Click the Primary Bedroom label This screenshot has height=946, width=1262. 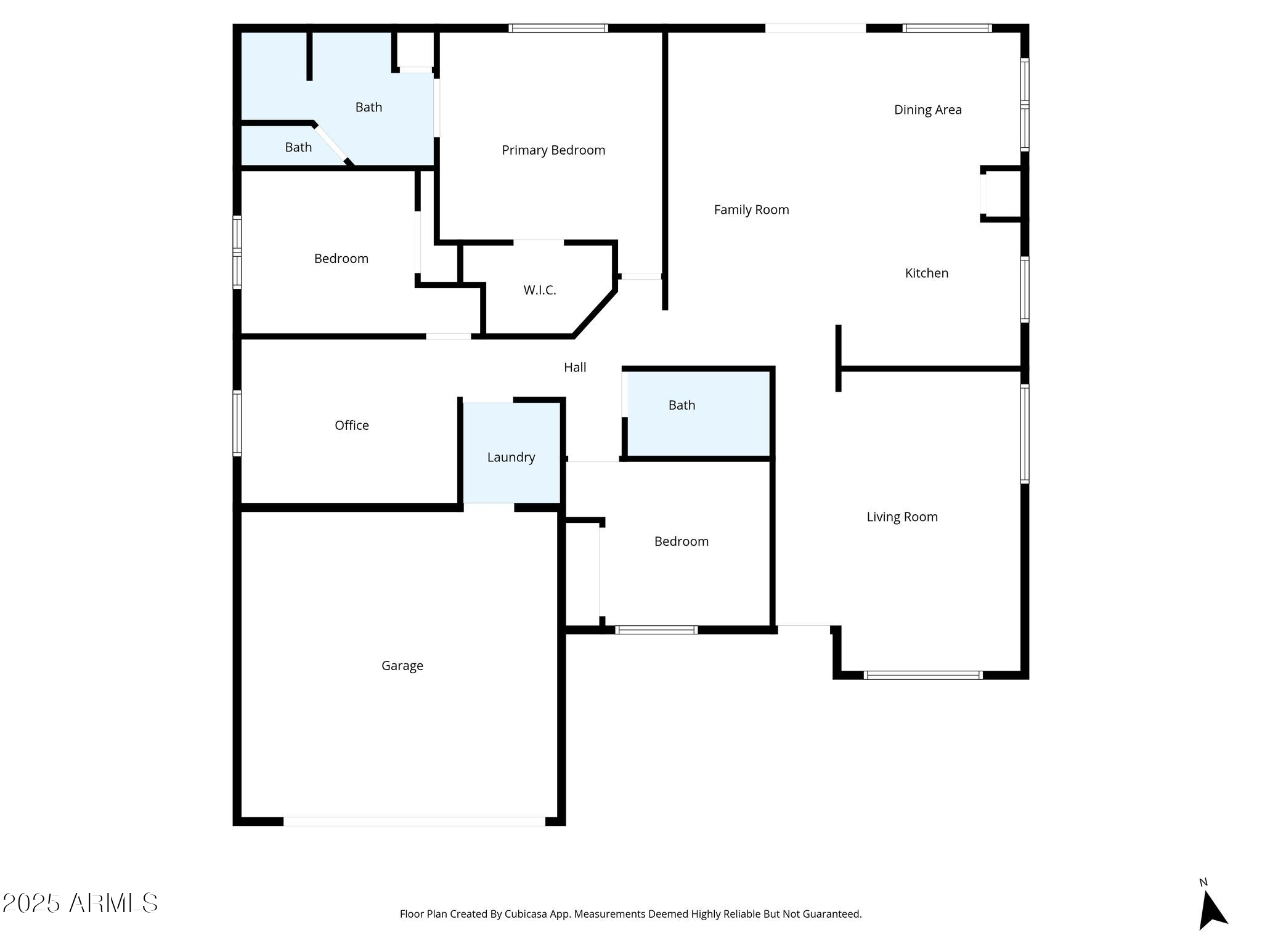pos(553,150)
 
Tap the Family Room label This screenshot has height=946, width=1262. pos(751,210)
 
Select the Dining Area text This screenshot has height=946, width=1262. pos(927,110)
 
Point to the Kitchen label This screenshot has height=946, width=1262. pos(926,273)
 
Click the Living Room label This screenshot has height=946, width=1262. pos(902,517)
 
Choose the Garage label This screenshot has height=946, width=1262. pos(402,666)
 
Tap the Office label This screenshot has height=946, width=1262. pos(351,426)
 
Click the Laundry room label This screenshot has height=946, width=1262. pos(511,458)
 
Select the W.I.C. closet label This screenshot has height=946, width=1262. pos(540,291)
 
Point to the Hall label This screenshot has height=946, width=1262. pos(575,368)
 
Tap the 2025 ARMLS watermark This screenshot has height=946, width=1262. pos(80,904)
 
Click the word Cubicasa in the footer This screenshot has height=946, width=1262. pos(526,914)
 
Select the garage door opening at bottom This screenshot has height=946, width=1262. pos(414,822)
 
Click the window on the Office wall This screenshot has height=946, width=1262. pos(237,423)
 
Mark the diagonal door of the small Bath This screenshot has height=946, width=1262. pos(331,143)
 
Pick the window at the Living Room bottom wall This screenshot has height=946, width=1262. pos(923,675)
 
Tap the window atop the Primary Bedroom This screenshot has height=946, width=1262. pos(558,28)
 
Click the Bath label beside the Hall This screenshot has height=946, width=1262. pos(682,405)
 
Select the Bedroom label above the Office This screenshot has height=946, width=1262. pos(341,259)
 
